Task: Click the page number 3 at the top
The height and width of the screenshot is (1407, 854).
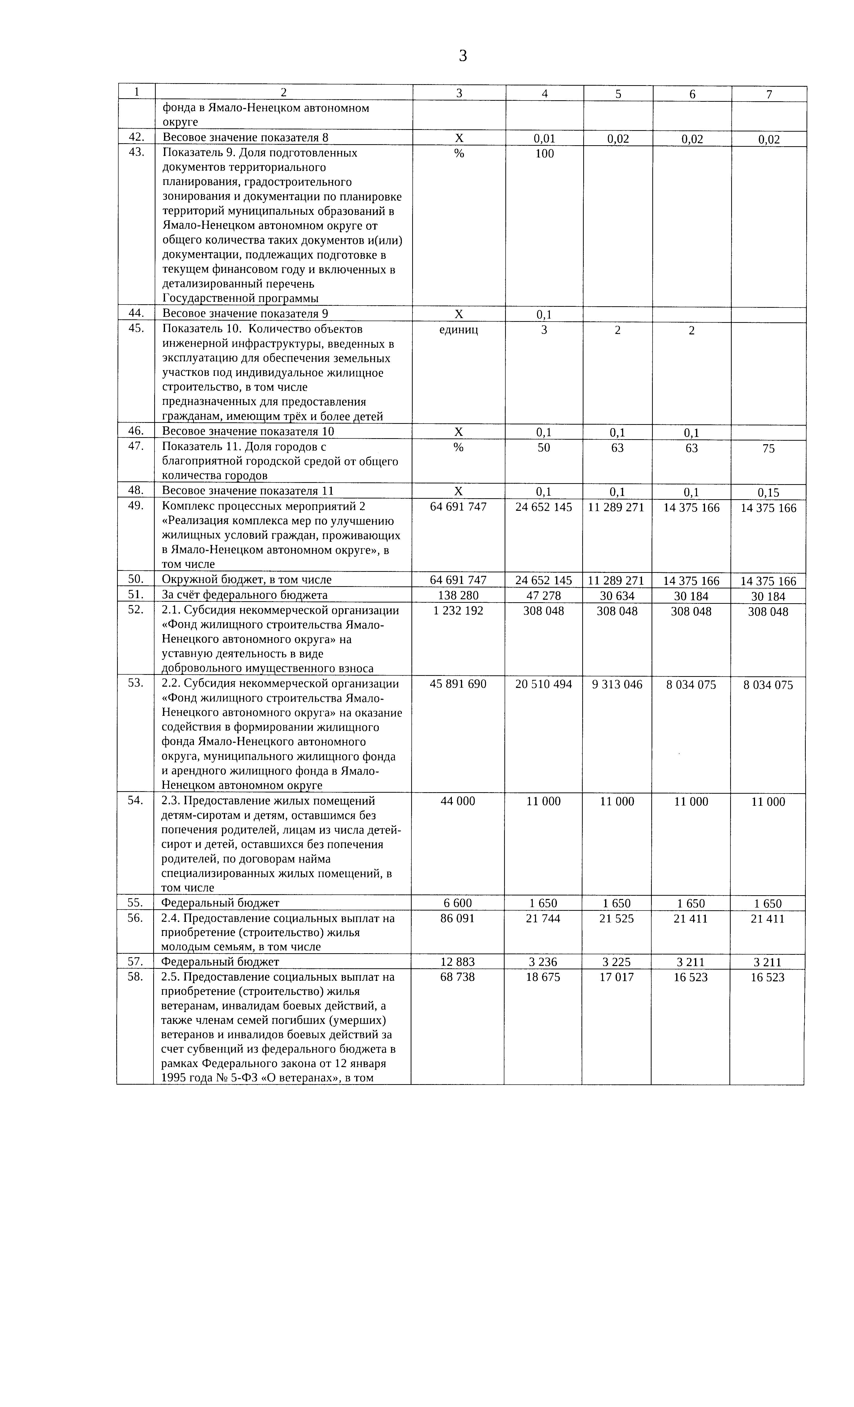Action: (462, 56)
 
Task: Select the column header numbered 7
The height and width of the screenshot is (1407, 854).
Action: (769, 94)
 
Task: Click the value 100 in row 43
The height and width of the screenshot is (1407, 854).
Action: (545, 154)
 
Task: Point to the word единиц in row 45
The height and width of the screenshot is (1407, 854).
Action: (458, 330)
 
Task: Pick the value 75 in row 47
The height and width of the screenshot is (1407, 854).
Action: (768, 449)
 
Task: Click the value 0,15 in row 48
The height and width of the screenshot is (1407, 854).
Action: (768, 492)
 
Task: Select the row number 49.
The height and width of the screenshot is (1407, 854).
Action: (135, 506)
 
